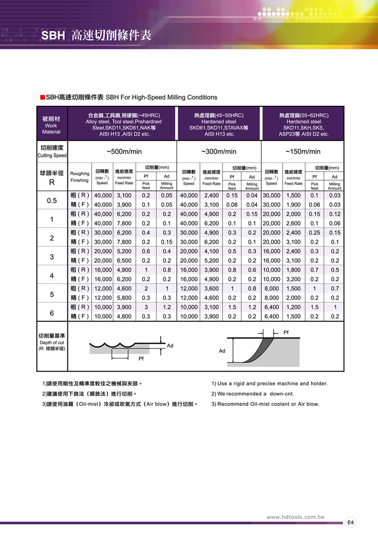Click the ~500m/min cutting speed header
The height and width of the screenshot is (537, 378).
pyautogui.click(x=124, y=152)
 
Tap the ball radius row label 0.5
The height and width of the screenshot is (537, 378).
pyautogui.click(x=52, y=200)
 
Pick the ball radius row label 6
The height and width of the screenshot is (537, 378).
pyautogui.click(x=52, y=313)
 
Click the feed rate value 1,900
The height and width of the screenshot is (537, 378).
pyautogui.click(x=293, y=205)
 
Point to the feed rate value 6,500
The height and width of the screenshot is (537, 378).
pyautogui.click(x=123, y=261)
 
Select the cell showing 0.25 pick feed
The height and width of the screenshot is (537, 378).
pyautogui.click(x=315, y=233)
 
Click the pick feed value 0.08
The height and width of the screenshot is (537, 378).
pyautogui.click(x=232, y=205)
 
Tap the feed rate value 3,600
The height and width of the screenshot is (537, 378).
pyautogui.click(x=211, y=289)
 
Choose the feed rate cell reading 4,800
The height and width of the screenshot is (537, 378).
pyautogui.click(x=123, y=316)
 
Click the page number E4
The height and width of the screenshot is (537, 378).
pyautogui.click(x=351, y=522)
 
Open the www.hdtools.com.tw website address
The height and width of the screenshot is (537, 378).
pyautogui.click(x=295, y=517)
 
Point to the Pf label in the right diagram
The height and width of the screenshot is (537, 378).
pyautogui.click(x=286, y=332)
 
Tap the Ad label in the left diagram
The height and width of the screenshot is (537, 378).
pyautogui.click(x=170, y=346)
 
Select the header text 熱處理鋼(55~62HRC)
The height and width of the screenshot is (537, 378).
pyautogui.click(x=304, y=115)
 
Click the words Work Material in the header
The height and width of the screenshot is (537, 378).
pyautogui.click(x=51, y=129)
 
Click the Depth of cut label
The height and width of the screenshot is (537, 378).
pyautogui.click(x=51, y=342)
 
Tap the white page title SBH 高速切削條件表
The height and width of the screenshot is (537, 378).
pyautogui.click(x=96, y=36)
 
